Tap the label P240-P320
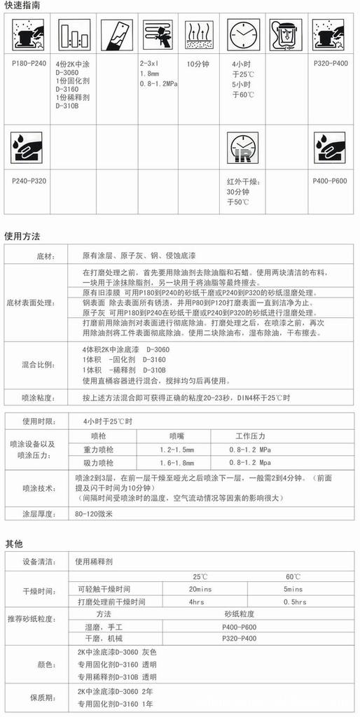click(x=29, y=181)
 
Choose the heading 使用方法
click(x=22, y=236)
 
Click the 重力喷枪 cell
click(x=98, y=449)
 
